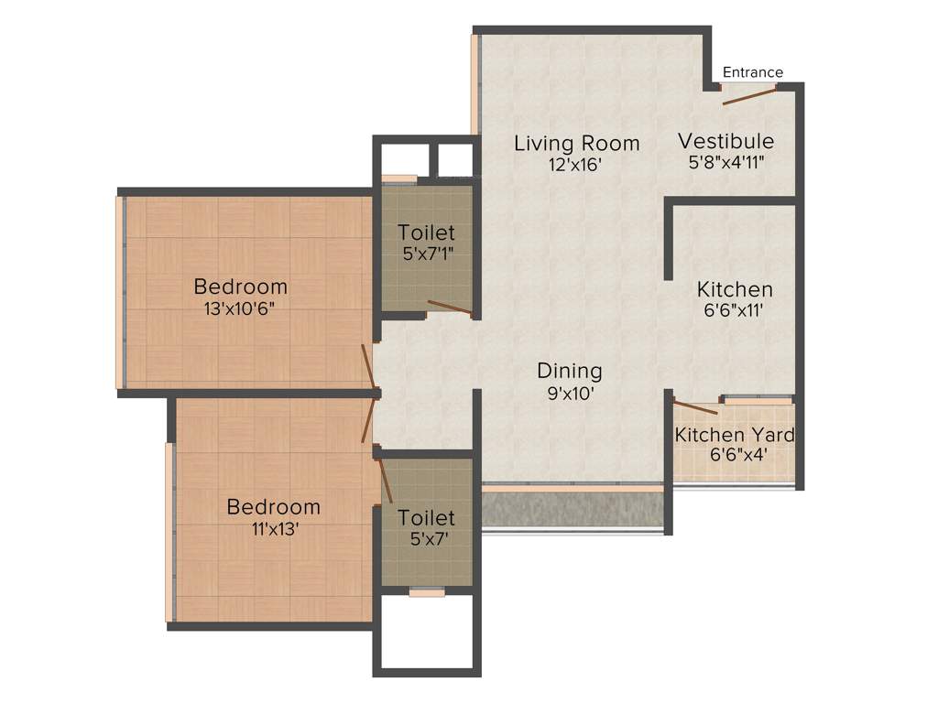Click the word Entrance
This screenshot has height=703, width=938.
(x=753, y=72)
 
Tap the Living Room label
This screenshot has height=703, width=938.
(x=576, y=143)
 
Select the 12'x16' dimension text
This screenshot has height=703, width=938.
(x=576, y=165)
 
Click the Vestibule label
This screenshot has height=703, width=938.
(x=725, y=141)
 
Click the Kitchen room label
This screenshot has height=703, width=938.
(x=734, y=289)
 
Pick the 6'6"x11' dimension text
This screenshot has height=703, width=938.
(x=733, y=310)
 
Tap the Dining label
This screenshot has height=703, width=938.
(x=569, y=371)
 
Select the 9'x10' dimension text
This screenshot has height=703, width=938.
(x=569, y=393)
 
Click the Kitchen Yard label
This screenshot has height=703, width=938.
(x=735, y=434)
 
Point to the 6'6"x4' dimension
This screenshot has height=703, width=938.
(x=735, y=454)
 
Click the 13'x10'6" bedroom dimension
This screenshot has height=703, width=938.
(x=240, y=308)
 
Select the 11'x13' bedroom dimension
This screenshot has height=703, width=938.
(x=274, y=528)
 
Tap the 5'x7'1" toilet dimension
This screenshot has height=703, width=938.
(x=427, y=254)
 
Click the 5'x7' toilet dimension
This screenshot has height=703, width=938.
(x=426, y=539)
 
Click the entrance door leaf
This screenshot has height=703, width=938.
(x=749, y=95)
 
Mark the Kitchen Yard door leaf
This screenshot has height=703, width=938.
(x=695, y=407)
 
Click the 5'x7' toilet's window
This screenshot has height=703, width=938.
(x=426, y=592)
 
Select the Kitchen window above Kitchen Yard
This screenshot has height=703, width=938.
(x=757, y=399)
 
